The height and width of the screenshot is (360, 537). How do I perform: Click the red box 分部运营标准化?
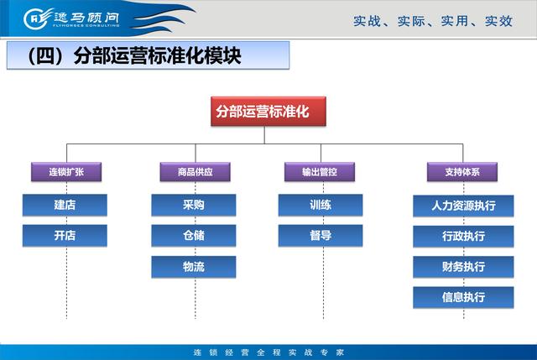(x=268, y=112)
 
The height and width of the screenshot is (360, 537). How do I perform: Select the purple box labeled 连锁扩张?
(x=66, y=171)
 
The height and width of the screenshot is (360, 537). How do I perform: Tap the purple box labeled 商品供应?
(x=195, y=171)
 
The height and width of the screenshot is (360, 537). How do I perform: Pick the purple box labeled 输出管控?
(x=320, y=171)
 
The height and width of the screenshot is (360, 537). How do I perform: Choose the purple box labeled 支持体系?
(x=462, y=171)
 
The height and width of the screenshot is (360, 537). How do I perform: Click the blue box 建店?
(x=65, y=205)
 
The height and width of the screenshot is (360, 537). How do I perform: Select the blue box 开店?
(x=65, y=235)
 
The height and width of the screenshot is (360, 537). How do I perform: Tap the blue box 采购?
(x=194, y=205)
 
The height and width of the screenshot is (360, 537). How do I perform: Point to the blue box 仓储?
(x=194, y=235)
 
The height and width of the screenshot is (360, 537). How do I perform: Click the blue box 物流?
(x=194, y=267)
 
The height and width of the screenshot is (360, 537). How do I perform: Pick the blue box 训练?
(x=321, y=205)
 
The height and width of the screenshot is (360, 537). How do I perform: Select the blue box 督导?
(x=321, y=235)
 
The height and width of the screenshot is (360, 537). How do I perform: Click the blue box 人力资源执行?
(x=463, y=206)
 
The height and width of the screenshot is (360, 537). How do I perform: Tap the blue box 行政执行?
(x=463, y=236)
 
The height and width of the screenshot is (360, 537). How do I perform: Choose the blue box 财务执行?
(x=463, y=267)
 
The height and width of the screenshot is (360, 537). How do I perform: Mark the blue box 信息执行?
(x=463, y=297)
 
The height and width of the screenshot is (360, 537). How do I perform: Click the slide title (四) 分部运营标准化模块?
(x=134, y=55)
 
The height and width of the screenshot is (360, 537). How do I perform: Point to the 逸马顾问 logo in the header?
(x=71, y=18)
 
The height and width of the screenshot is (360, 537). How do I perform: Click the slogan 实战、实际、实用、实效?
(x=433, y=21)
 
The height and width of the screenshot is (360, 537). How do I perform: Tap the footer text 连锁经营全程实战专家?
(x=268, y=352)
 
